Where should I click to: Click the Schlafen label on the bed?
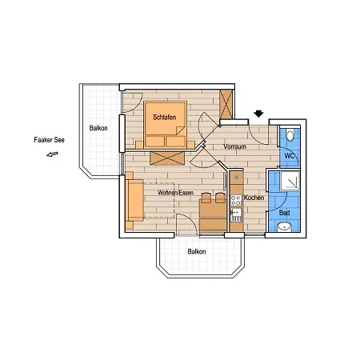(165, 117)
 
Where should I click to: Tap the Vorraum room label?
(234, 146)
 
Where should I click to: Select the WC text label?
(290, 155)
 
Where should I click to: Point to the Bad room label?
(285, 213)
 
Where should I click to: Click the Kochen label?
(254, 198)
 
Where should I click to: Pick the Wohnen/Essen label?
(175, 193)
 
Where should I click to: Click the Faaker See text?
(50, 140)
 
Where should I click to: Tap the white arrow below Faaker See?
(52, 154)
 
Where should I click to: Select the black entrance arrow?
(258, 114)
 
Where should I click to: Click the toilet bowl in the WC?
(290, 134)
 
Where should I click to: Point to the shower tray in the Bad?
(290, 181)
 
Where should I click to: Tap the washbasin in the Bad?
(284, 227)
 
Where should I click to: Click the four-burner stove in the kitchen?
(236, 200)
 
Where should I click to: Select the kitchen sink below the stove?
(236, 214)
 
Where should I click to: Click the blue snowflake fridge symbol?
(236, 177)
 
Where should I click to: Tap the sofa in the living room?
(135, 200)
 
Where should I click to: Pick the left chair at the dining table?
(206, 198)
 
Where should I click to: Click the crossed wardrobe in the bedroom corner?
(226, 104)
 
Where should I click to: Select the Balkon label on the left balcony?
(98, 128)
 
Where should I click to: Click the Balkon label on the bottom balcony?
(197, 251)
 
